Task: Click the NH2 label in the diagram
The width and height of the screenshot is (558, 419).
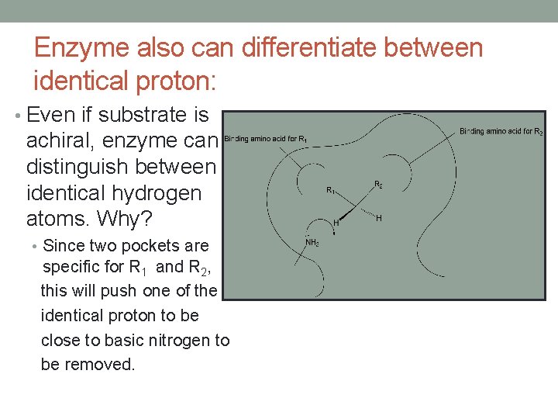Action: pyautogui.click(x=312, y=242)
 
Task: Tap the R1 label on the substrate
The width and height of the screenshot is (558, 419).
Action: pyautogui.click(x=330, y=189)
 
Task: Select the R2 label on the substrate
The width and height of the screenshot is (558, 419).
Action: pyautogui.click(x=378, y=185)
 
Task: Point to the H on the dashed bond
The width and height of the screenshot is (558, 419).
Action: pyautogui.click(x=378, y=218)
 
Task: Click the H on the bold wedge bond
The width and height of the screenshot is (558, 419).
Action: pyautogui.click(x=335, y=223)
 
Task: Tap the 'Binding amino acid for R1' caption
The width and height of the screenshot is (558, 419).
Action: pyautogui.click(x=267, y=139)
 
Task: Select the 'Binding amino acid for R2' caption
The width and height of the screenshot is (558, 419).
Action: pyautogui.click(x=501, y=132)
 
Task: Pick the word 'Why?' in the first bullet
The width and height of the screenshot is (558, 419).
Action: pyautogui.click(x=108, y=218)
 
